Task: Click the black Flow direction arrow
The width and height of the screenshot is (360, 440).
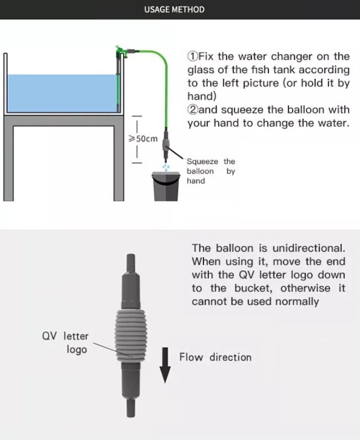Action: tap(165, 365)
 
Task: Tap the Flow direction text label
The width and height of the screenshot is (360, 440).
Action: tap(215, 357)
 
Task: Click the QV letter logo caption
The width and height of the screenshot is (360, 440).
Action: tap(65, 343)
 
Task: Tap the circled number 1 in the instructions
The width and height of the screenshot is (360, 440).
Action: tap(192, 56)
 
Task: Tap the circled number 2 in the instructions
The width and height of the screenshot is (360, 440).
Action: tap(192, 110)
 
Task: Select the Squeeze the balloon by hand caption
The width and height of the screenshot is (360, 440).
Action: tap(211, 171)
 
